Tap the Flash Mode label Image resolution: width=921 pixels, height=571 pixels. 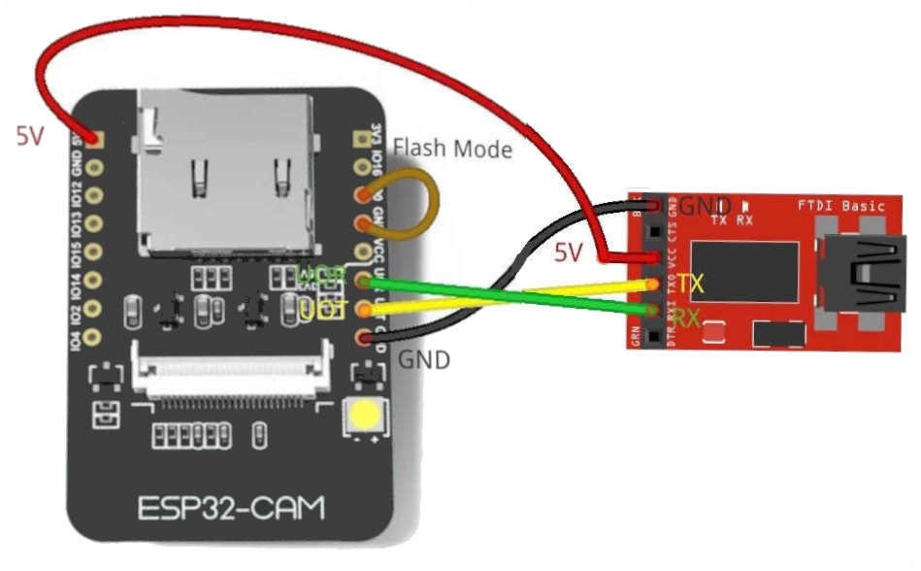pyautogui.click(x=452, y=149)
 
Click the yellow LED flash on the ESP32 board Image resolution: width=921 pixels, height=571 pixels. pyautogui.click(x=367, y=417)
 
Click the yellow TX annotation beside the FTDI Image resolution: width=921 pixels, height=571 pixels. pyautogui.click(x=690, y=285)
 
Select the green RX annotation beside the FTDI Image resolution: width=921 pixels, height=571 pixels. pyautogui.click(x=688, y=318)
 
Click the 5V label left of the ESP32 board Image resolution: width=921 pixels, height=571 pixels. pyautogui.click(x=29, y=136)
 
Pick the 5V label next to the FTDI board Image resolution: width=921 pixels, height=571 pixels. pyautogui.click(x=569, y=253)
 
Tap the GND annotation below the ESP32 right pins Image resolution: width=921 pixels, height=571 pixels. pyautogui.click(x=425, y=360)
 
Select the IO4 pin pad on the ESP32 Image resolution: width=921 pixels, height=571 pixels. pyautogui.click(x=94, y=336)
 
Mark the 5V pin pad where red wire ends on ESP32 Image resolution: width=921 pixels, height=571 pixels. pyautogui.click(x=94, y=138)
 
